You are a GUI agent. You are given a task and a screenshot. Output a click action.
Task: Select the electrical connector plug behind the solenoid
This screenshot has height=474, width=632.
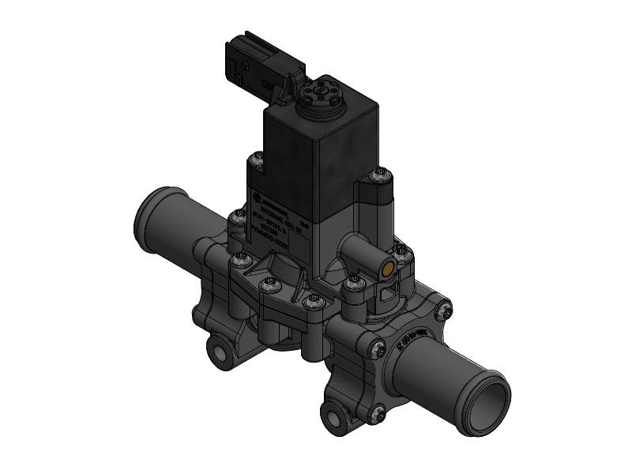pos(258,63)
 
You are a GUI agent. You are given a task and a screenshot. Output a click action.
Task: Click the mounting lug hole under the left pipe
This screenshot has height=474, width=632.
pos(216,351)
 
